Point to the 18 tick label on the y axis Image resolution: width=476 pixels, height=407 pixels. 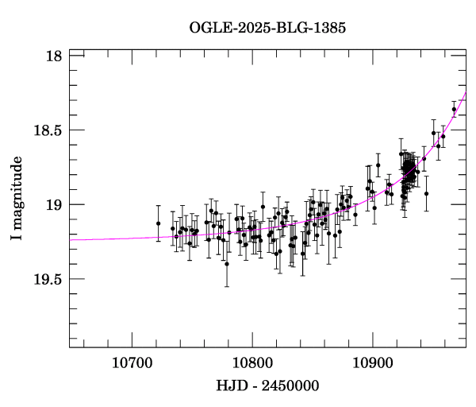pyautogui.click(x=54, y=56)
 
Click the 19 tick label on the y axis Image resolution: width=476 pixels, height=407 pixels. pyautogui.click(x=54, y=205)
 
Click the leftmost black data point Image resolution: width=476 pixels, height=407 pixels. pyautogui.click(x=158, y=223)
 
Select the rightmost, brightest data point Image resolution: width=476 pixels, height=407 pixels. pyautogui.click(x=454, y=110)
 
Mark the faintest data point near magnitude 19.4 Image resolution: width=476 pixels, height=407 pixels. pyautogui.click(x=227, y=264)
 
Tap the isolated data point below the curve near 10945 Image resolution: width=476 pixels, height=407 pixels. pyautogui.click(x=426, y=193)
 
